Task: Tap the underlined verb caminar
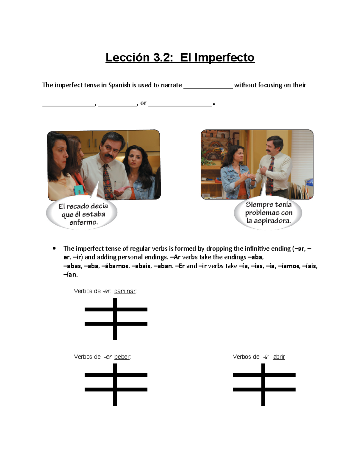pyautogui.click(x=125, y=291)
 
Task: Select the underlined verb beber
pyautogui.click(x=122, y=357)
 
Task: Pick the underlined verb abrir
pyautogui.click(x=279, y=357)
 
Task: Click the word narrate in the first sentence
pyautogui.click(x=171, y=85)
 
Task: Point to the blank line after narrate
pyautogui.click(x=208, y=87)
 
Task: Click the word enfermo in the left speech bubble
pyautogui.click(x=83, y=222)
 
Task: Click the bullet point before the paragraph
pyautogui.click(x=54, y=248)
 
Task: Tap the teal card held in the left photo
pyautogui.click(x=79, y=190)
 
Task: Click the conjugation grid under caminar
pyautogui.click(x=115, y=319)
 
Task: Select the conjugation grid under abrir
pyautogui.click(x=264, y=384)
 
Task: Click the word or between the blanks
pyautogui.click(x=143, y=103)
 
